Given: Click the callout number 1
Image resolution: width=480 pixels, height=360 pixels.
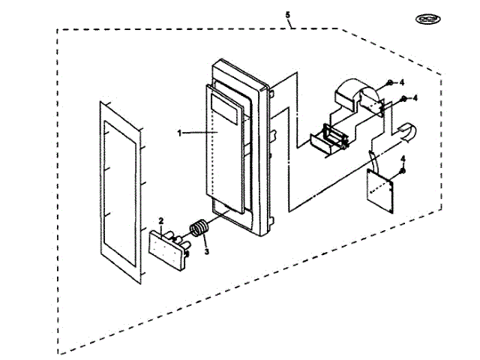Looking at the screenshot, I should [180, 133].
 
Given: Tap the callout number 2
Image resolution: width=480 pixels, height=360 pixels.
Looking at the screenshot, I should [161, 221].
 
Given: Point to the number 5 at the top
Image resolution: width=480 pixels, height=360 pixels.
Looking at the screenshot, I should [289, 15].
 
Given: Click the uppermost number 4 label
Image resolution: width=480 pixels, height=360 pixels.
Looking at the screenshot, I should [402, 81].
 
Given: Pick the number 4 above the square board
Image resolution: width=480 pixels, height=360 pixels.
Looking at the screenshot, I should [403, 159].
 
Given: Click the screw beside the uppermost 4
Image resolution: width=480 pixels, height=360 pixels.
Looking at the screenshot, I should [390, 82].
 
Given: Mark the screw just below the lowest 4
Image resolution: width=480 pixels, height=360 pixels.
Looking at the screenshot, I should [402, 172].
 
